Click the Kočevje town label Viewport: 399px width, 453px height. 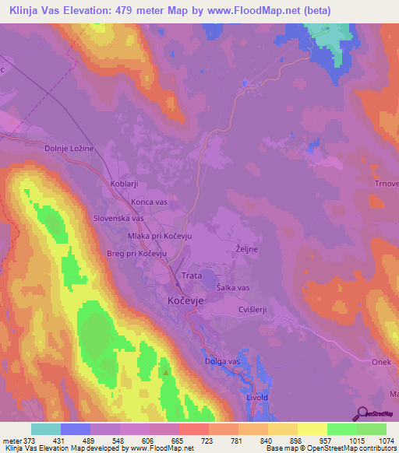click(x=185, y=299)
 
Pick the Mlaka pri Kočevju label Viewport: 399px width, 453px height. click(x=159, y=236)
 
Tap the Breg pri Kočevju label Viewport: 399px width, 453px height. click(x=137, y=254)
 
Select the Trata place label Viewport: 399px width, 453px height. click(x=192, y=276)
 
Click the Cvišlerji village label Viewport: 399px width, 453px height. click(x=252, y=309)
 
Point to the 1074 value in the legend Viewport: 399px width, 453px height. click(x=377, y=440)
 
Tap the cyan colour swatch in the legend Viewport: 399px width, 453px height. click(x=45, y=429)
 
